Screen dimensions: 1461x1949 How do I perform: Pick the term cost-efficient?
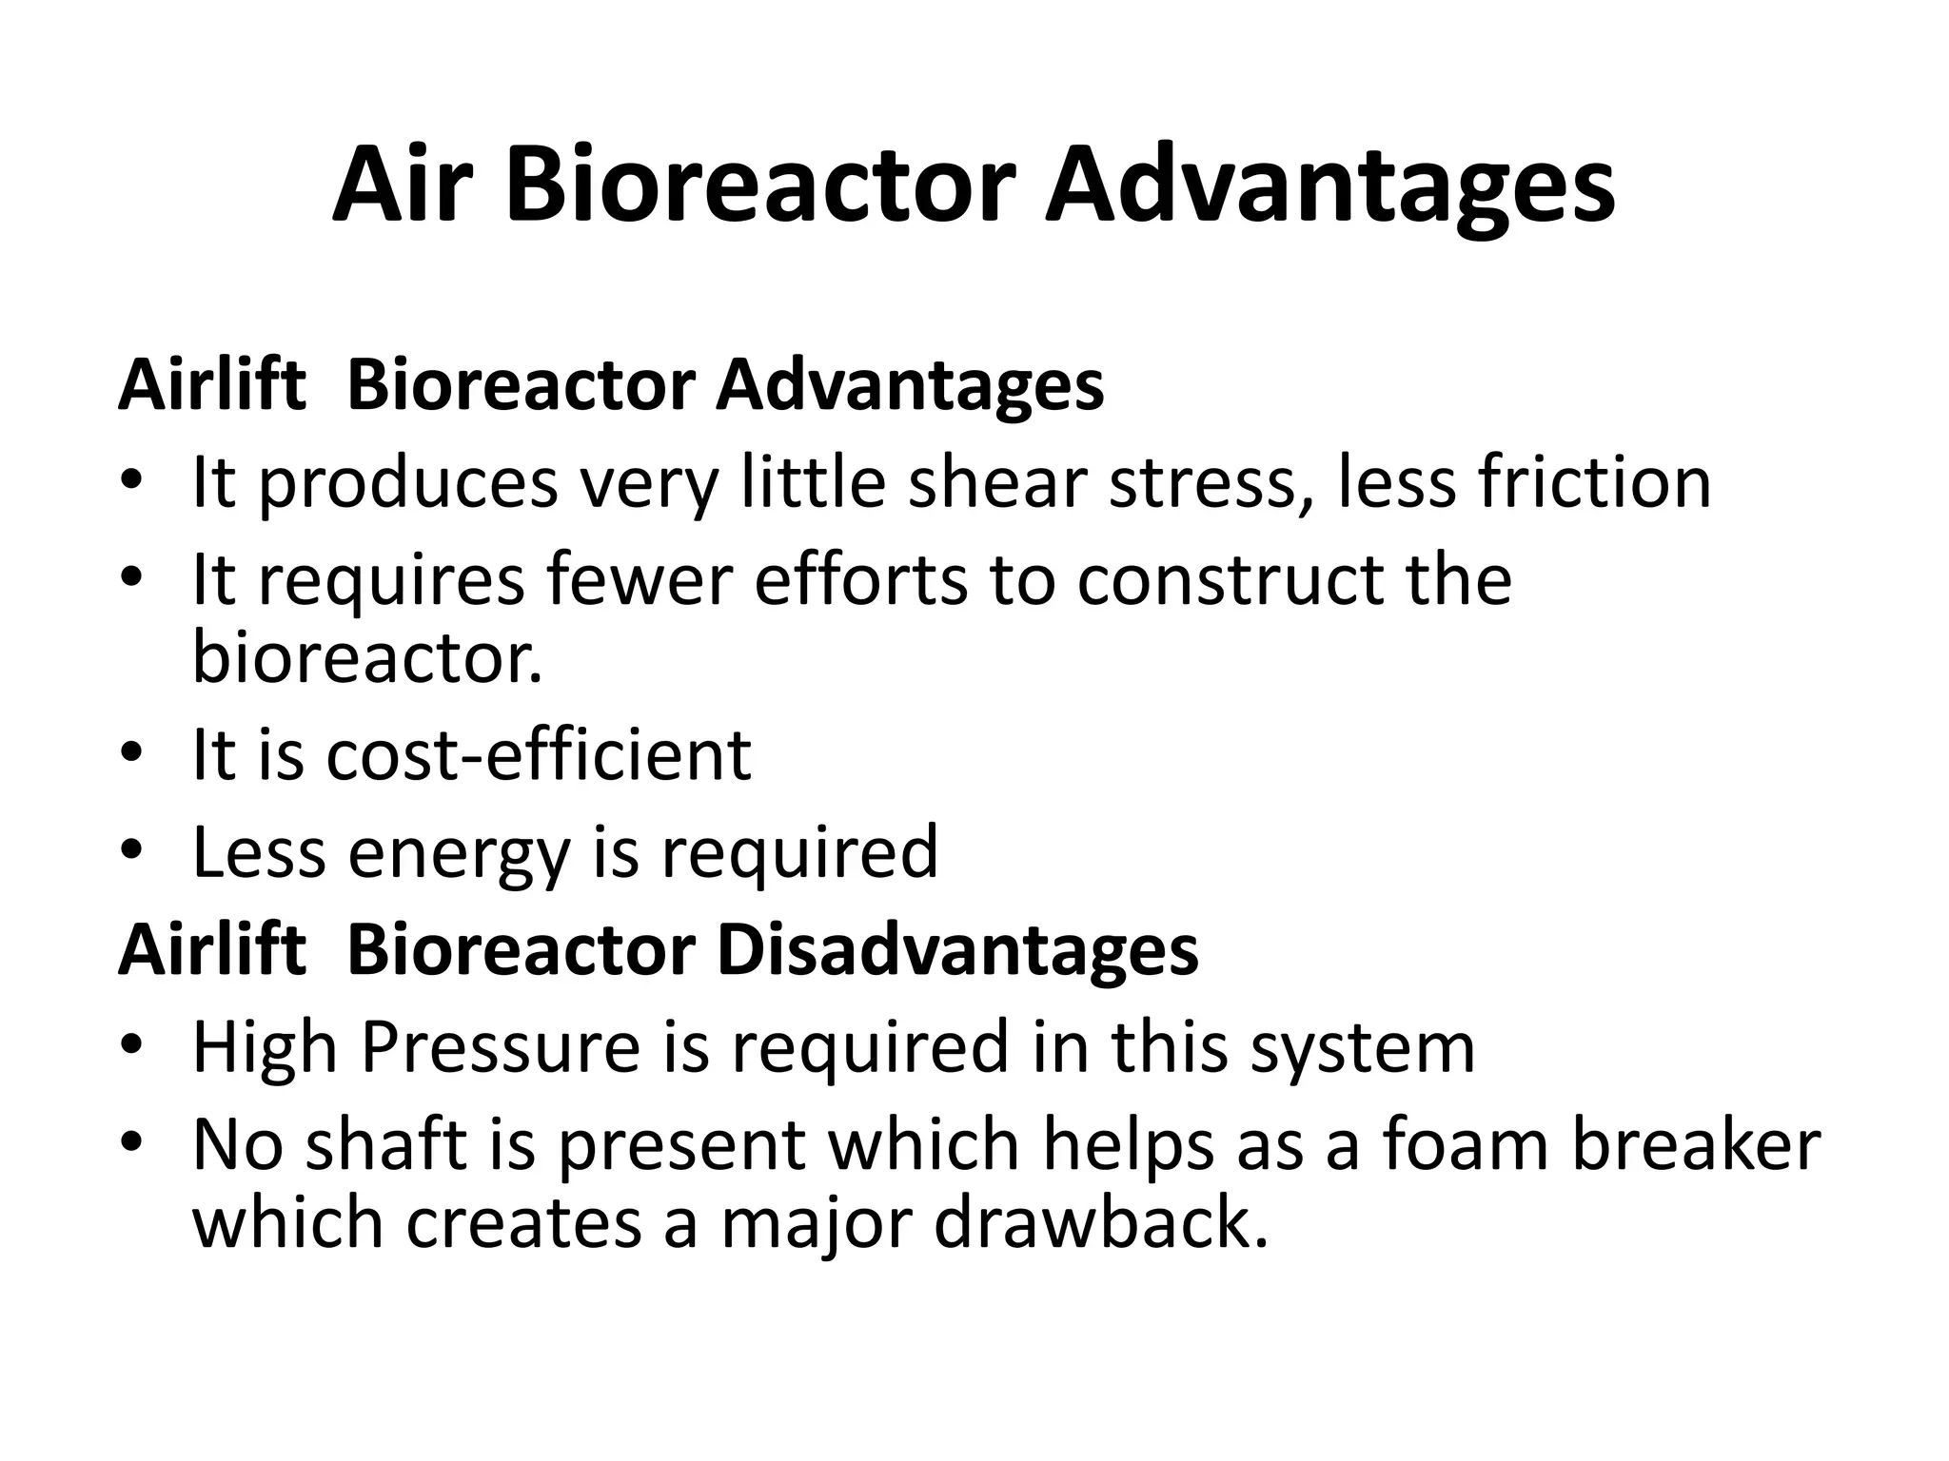538,754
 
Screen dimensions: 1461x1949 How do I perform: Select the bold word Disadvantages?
957,950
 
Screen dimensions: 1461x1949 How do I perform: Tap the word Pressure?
501,1047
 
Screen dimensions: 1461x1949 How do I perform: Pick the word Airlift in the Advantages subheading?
212,385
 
